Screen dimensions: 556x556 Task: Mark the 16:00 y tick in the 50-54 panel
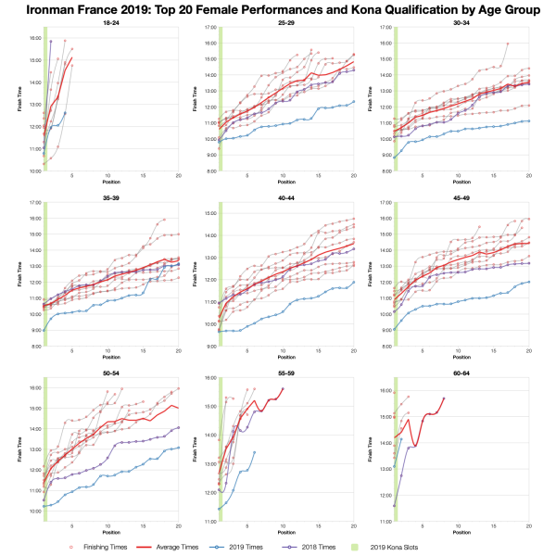coord(32,387)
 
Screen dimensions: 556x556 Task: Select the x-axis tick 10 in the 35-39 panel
coord(107,351)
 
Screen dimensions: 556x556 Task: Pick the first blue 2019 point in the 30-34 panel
coord(396,158)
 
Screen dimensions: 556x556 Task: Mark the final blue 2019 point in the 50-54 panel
coord(176,448)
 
